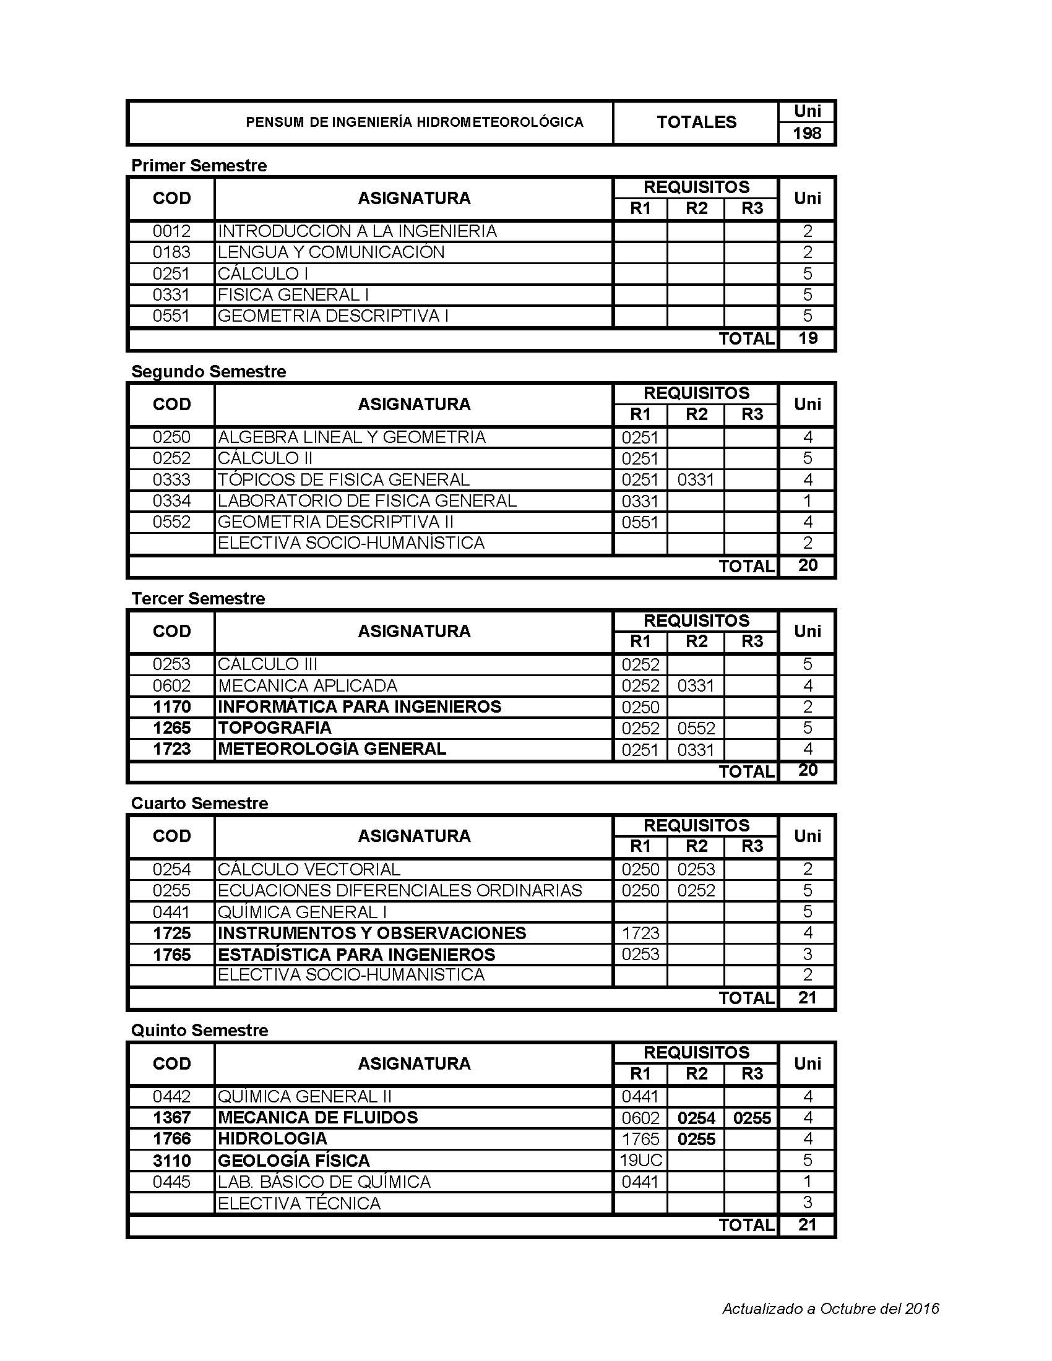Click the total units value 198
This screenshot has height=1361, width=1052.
(x=806, y=133)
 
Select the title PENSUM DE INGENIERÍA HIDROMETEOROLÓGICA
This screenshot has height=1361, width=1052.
(x=415, y=122)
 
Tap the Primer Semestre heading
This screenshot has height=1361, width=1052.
(x=199, y=166)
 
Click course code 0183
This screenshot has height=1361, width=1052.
(x=171, y=252)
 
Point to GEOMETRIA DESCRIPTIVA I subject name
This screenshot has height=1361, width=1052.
(x=333, y=316)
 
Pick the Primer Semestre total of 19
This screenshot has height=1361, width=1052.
(x=807, y=338)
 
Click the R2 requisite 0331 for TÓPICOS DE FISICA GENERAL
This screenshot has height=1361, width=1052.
(x=696, y=480)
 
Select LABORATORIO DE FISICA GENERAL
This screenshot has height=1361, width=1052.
(x=367, y=501)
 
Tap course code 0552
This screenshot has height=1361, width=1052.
(x=171, y=522)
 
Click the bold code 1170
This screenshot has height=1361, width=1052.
(x=171, y=706)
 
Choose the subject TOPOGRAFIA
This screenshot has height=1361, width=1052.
(x=274, y=728)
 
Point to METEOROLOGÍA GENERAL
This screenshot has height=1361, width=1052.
(x=332, y=749)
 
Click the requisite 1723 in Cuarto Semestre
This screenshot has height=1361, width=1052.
(x=640, y=933)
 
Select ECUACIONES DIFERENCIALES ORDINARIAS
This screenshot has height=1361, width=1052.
(x=400, y=890)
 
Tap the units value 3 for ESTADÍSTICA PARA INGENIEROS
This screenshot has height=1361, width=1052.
(x=807, y=954)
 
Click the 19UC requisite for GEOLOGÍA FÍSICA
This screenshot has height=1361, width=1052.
(x=640, y=1161)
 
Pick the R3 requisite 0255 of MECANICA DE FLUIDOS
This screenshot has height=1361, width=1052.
(x=752, y=1118)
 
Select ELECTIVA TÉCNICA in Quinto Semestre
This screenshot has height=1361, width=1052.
(x=299, y=1203)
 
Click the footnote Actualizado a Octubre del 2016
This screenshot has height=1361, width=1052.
(x=830, y=1308)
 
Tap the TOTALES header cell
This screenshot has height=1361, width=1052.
(x=696, y=122)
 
